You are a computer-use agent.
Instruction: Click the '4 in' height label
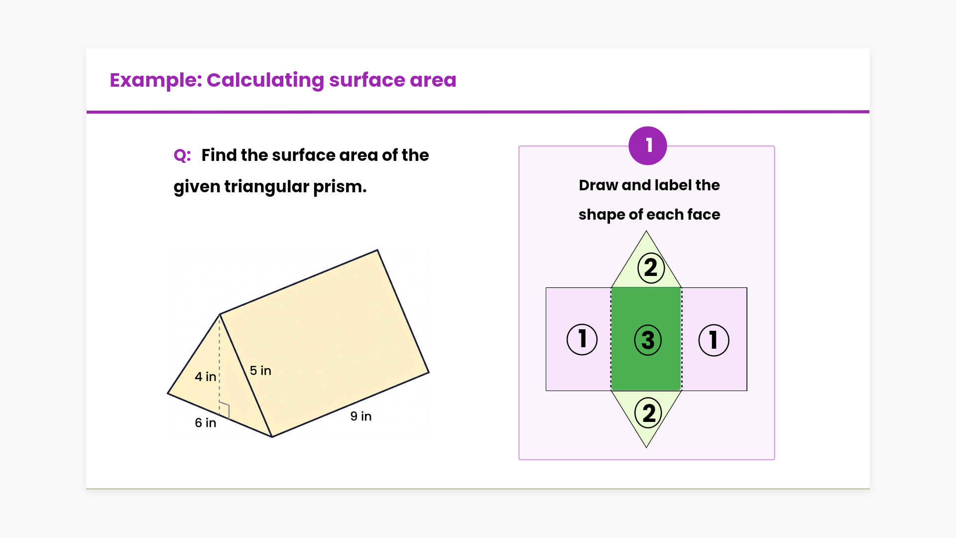205,377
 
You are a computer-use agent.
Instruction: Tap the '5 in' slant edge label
260,371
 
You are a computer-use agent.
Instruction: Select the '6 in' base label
205,423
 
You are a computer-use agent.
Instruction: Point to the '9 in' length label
361,416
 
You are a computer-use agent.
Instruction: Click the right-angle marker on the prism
225,409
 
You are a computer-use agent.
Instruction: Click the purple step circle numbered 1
648,145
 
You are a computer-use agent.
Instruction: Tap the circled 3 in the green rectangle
648,340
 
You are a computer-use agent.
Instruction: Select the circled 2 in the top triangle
651,268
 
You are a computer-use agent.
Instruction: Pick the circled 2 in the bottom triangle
649,413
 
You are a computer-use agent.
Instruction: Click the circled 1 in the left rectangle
582,340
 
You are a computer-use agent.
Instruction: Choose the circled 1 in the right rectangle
714,340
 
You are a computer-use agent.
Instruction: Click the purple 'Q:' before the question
182,155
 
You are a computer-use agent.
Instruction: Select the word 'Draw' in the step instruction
598,185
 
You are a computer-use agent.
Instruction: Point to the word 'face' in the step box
704,215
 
